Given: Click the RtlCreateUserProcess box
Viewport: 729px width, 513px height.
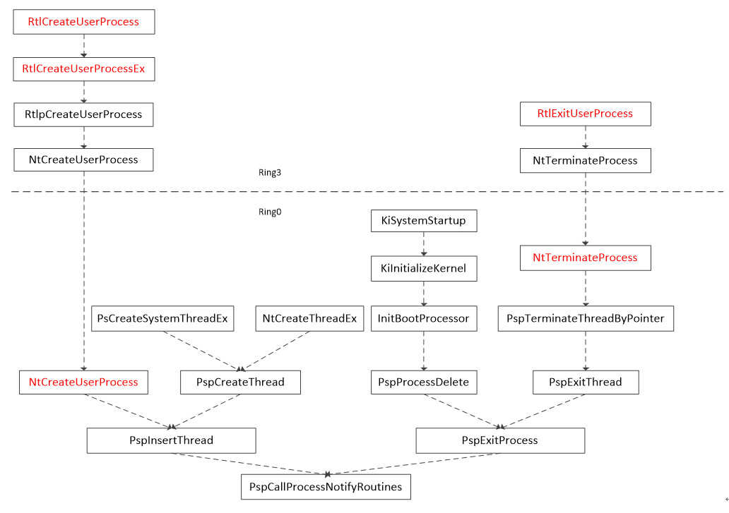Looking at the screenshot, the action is [x=83, y=22].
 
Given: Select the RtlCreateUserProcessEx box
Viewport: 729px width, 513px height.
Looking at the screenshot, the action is [x=83, y=68].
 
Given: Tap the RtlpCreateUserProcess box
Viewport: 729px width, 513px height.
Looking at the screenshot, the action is [x=83, y=114].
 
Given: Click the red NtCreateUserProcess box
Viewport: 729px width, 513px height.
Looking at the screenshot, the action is [x=83, y=382].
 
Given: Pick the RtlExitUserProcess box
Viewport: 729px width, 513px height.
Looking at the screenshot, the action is [x=586, y=114].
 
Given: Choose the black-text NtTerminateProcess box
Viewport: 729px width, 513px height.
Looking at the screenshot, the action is [x=586, y=161].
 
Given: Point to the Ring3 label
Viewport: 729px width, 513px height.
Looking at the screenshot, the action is [x=270, y=173].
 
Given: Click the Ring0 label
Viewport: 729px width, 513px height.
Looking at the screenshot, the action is [x=270, y=212].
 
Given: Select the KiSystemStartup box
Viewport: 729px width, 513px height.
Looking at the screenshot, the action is [x=424, y=221].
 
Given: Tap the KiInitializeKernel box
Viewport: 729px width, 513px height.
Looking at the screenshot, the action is [x=424, y=268].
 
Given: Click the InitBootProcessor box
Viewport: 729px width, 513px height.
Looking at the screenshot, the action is [x=424, y=318].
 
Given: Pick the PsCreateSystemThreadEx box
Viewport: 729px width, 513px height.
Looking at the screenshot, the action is [x=162, y=318].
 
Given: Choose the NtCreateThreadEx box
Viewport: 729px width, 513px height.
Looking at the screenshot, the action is [x=309, y=318].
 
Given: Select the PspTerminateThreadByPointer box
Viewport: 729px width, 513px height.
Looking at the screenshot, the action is [x=586, y=318].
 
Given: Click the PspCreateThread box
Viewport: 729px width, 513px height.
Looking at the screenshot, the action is [x=240, y=382].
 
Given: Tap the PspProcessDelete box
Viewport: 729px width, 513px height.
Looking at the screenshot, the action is [x=424, y=382].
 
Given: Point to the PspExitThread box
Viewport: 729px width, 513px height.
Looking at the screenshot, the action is [x=586, y=382].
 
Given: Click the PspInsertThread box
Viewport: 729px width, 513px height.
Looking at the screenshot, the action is [x=171, y=440].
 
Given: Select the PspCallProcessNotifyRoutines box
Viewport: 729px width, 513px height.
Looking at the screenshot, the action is [x=326, y=487].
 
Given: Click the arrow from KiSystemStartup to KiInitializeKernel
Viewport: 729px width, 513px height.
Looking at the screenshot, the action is [x=424, y=243].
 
